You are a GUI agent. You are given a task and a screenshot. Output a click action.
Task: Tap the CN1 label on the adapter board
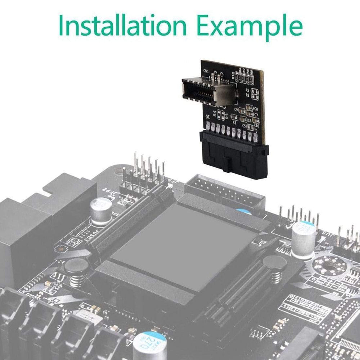pyautogui.click(x=206, y=72)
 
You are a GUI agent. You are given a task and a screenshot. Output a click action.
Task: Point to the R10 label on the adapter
pyautogui.click(x=234, y=76)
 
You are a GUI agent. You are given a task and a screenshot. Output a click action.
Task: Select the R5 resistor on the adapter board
pyautogui.click(x=255, y=90)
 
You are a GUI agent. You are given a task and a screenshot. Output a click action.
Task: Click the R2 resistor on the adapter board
pyautogui.click(x=255, y=96)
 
